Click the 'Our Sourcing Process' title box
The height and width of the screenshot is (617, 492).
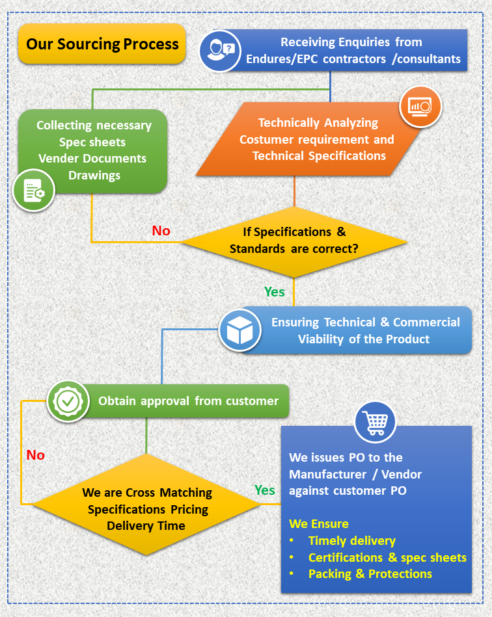click(x=102, y=44)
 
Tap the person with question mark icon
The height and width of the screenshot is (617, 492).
click(x=220, y=51)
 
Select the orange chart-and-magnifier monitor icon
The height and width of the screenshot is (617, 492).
click(x=420, y=106)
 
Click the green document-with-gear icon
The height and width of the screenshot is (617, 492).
click(x=34, y=190)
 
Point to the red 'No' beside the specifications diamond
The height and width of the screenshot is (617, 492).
click(x=161, y=231)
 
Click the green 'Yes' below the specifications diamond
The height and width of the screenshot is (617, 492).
click(x=275, y=292)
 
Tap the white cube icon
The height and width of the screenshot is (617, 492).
click(x=240, y=330)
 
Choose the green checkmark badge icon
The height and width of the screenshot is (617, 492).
click(x=68, y=401)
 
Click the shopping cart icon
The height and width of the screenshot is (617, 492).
click(x=375, y=422)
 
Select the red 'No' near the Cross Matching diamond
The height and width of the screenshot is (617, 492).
click(x=35, y=455)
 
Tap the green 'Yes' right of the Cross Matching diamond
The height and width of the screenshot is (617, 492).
click(x=265, y=490)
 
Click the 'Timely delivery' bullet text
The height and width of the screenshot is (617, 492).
click(x=352, y=541)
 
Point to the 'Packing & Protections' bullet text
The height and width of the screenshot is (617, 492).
click(x=370, y=573)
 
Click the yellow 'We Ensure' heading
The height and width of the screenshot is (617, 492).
click(x=319, y=524)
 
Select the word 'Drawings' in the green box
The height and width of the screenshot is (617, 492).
click(x=94, y=176)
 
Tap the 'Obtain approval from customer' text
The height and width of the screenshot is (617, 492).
click(x=188, y=401)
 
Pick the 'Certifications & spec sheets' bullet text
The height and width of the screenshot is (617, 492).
click(x=387, y=557)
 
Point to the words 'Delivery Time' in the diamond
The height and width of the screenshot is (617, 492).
click(x=146, y=526)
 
